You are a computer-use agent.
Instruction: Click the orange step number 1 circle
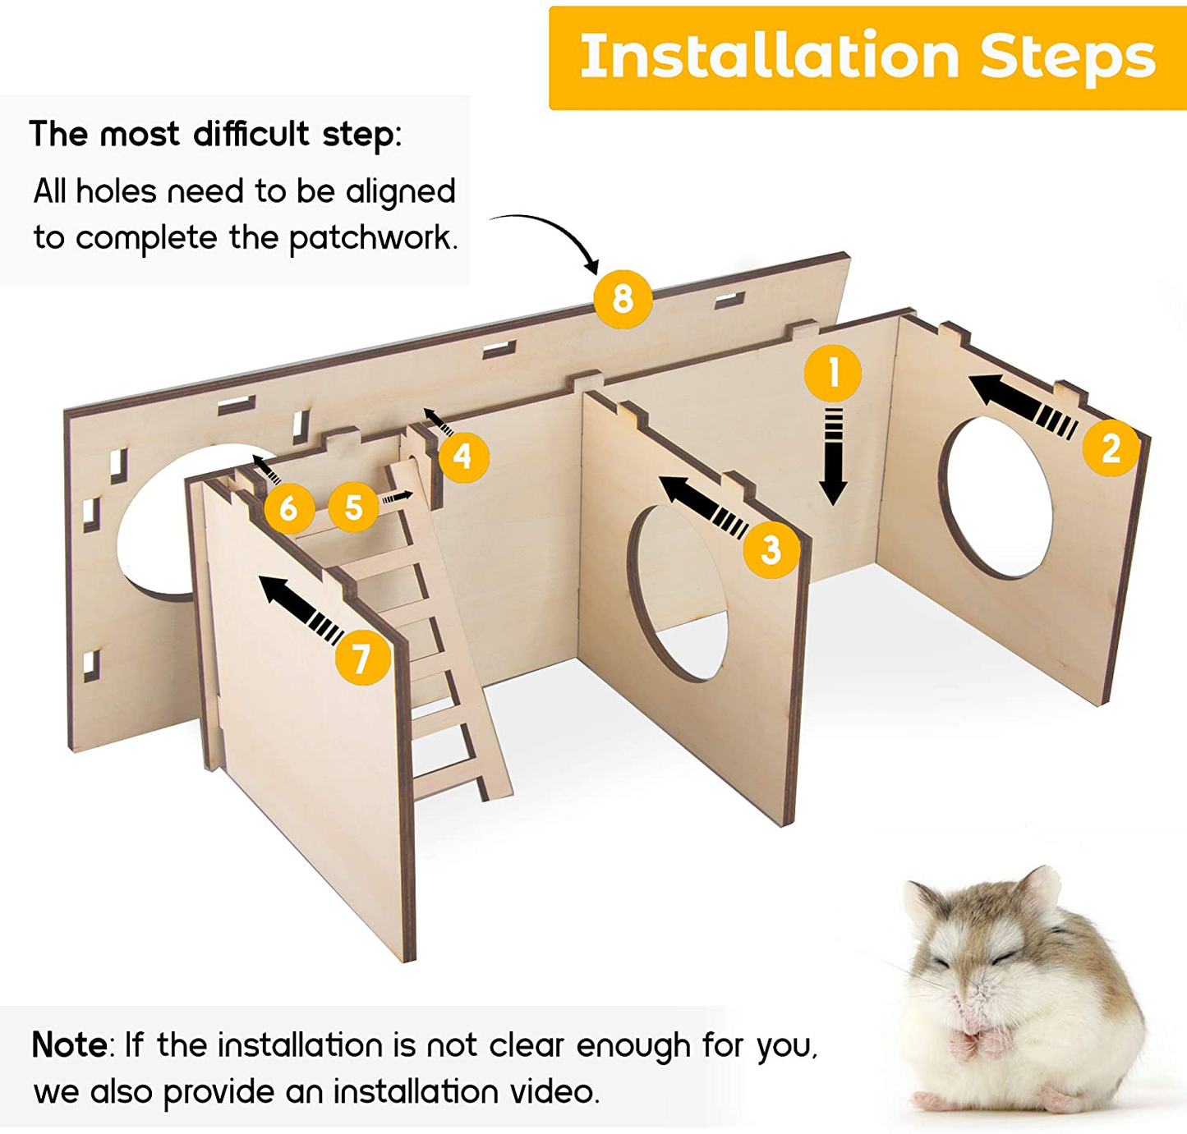(x=833, y=373)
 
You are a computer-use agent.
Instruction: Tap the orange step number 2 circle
(x=1111, y=448)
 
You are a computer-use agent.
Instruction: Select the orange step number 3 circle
(x=771, y=550)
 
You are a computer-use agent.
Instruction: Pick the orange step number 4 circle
(x=463, y=457)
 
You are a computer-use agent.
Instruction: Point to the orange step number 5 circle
(x=353, y=507)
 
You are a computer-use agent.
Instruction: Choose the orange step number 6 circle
(x=288, y=507)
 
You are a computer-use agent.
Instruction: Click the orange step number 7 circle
(x=362, y=658)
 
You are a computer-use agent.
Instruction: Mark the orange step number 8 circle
(x=623, y=299)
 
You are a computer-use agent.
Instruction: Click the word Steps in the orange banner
(x=1067, y=57)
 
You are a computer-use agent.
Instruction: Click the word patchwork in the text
(x=373, y=238)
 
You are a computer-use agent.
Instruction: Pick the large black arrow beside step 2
(x=1024, y=406)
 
